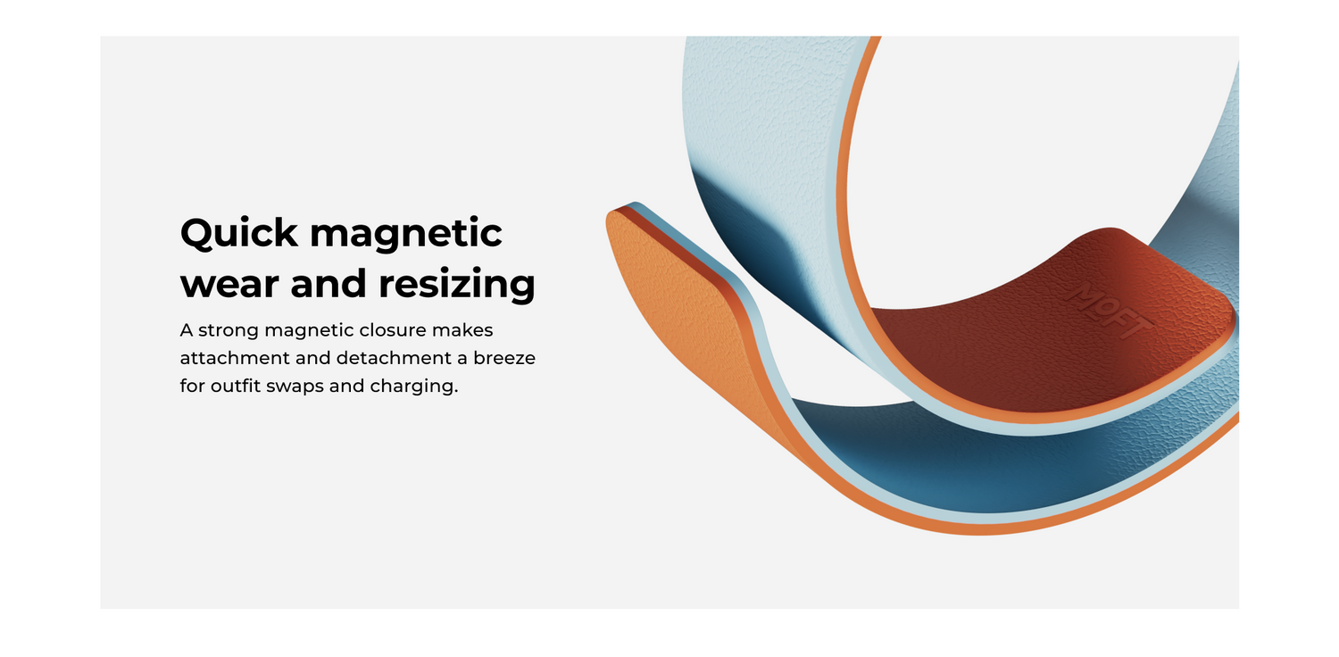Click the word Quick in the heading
pos(238,233)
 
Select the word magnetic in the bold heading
pos(406,232)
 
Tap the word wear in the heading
pos(229,284)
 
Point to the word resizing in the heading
pos(457,283)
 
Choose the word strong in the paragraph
pos(229,330)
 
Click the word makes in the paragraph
pos(462,330)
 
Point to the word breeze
pos(504,358)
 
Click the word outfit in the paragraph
pos(236,387)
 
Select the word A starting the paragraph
pos(187,330)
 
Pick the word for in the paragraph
pos(192,387)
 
